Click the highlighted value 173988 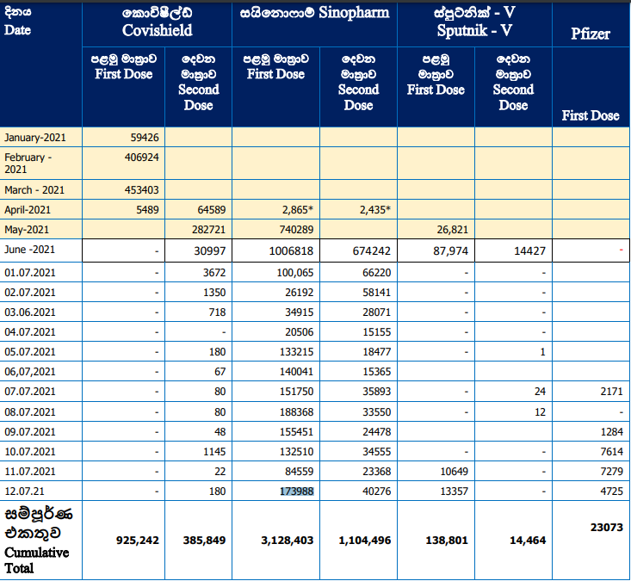point(297,491)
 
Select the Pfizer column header point(591,34)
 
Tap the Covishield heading point(158,31)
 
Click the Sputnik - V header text point(474,31)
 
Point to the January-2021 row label point(35,138)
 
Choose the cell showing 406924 point(142,158)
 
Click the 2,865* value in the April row point(296,210)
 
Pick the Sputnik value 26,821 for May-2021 point(452,230)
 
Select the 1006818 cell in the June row point(291,251)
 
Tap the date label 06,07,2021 point(30,372)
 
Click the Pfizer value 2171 point(612,392)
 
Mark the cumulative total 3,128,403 point(287,541)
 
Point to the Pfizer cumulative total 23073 point(606,528)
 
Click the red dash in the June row point(621,250)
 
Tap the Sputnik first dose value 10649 point(454,472)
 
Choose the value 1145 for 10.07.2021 point(214,452)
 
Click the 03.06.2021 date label point(30,312)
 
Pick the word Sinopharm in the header point(354,13)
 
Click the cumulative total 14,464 point(528,541)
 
